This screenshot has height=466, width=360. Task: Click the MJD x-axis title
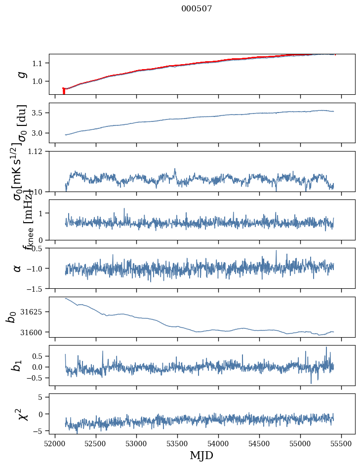coord(201,456)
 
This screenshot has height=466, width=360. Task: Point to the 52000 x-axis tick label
coord(55,443)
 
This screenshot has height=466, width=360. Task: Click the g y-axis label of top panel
coord(21,74)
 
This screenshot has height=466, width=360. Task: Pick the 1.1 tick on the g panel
coord(39,63)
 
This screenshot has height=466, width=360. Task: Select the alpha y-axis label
coord(17,268)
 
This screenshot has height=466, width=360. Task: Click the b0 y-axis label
coord(11,317)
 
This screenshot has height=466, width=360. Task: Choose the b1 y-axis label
coord(17,365)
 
